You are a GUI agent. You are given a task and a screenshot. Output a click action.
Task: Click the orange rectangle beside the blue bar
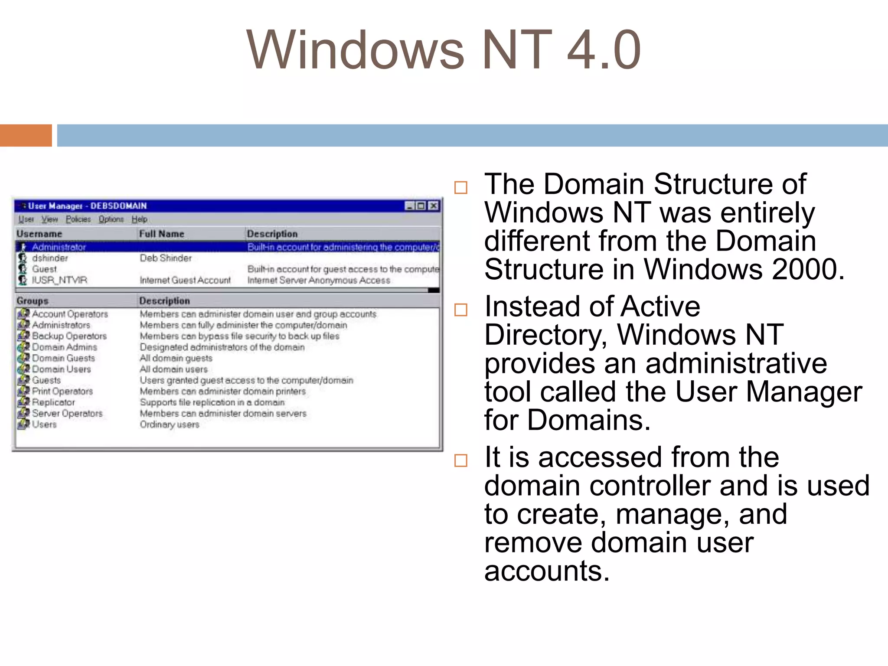point(26,135)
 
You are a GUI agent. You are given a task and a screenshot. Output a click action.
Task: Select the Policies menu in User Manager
point(78,219)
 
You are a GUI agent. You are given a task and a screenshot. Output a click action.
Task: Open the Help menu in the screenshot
point(139,219)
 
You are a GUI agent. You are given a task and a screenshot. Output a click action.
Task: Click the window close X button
point(433,206)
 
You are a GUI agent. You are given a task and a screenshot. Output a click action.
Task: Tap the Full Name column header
point(161,234)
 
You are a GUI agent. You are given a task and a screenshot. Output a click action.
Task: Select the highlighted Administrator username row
point(59,247)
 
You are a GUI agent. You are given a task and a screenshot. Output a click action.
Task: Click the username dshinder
point(50,258)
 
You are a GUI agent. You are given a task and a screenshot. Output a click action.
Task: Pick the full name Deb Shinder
point(166,258)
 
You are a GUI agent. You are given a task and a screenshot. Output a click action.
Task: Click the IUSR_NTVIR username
point(59,280)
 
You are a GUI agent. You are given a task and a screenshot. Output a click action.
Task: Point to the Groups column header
point(33,300)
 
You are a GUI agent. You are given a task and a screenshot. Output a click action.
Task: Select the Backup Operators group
point(69,336)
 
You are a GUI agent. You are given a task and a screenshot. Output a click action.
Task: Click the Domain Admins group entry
point(65,347)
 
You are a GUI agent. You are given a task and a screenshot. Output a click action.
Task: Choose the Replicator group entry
point(53,402)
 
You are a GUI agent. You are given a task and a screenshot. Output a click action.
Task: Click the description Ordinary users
point(170,424)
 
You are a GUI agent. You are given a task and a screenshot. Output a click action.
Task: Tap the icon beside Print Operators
point(23,391)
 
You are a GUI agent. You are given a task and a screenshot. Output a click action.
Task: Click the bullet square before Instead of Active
point(460,310)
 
